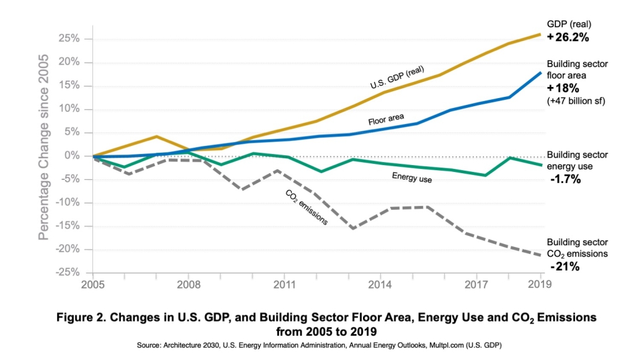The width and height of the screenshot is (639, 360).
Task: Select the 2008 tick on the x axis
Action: click(x=189, y=285)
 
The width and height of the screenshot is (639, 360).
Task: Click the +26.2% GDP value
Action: click(x=568, y=37)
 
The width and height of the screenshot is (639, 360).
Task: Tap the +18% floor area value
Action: click(x=563, y=88)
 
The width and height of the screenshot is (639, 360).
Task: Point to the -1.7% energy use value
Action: click(x=565, y=179)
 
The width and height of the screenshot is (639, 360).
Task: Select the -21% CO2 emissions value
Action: click(x=565, y=267)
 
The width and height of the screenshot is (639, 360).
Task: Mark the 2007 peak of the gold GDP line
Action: click(x=157, y=137)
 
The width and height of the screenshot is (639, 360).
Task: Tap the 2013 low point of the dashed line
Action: click(x=352, y=228)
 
